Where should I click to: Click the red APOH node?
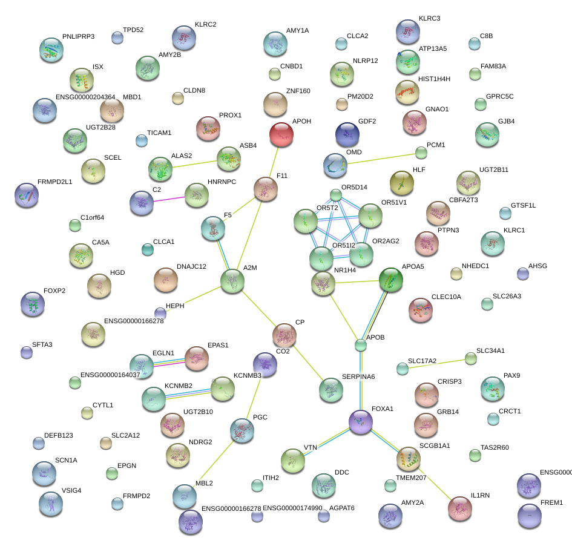281,134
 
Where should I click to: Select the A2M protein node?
232,281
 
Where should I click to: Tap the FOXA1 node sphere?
361,421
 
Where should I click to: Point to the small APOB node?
361,346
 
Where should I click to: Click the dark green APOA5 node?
390,280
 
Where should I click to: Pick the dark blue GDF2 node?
347,134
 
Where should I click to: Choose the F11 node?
265,189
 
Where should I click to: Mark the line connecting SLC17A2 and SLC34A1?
436,363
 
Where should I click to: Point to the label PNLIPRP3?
78,37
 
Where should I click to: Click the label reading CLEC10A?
446,297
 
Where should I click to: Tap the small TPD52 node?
117,38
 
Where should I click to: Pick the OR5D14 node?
336,195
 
